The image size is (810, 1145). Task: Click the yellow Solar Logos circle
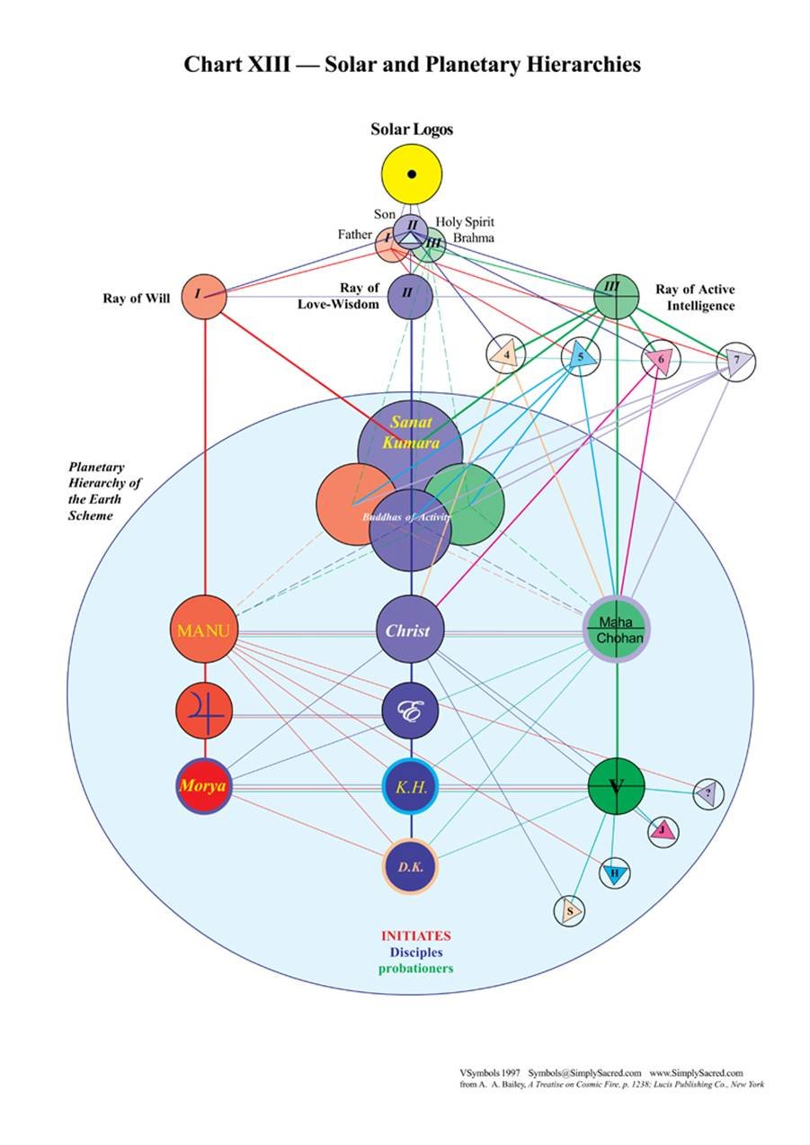(x=411, y=174)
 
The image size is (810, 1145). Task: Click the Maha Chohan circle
(x=617, y=630)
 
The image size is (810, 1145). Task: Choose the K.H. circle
(x=411, y=787)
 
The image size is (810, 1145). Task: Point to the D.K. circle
(x=411, y=867)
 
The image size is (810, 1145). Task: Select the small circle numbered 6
(x=661, y=360)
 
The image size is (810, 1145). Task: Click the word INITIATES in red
(x=415, y=935)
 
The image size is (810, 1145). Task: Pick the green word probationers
(x=415, y=969)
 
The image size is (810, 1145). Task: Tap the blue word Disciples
(x=415, y=953)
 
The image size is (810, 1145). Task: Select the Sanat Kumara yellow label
(x=411, y=432)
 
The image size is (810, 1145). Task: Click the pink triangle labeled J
(x=663, y=830)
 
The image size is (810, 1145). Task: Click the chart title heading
(x=412, y=65)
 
